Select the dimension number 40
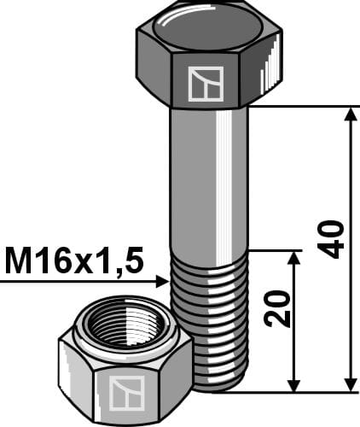tap(334, 239)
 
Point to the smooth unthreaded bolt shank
tap(209, 179)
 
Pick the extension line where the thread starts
tap(273, 250)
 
